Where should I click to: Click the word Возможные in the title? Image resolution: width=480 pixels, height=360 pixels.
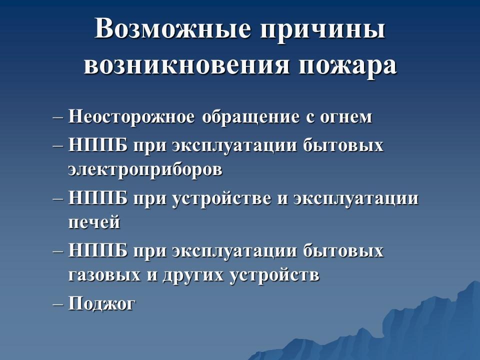(x=172, y=29)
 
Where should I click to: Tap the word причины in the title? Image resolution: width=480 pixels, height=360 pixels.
(x=322, y=30)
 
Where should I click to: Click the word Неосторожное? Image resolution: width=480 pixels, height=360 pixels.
(x=131, y=116)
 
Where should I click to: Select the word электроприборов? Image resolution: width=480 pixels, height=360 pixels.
(x=145, y=169)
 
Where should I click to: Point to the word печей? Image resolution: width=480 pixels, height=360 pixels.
(x=94, y=222)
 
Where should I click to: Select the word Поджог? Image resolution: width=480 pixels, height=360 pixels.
(x=101, y=304)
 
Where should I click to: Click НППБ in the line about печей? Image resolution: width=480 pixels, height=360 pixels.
(x=97, y=198)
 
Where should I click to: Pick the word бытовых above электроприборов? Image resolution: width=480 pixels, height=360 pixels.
(x=343, y=145)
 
